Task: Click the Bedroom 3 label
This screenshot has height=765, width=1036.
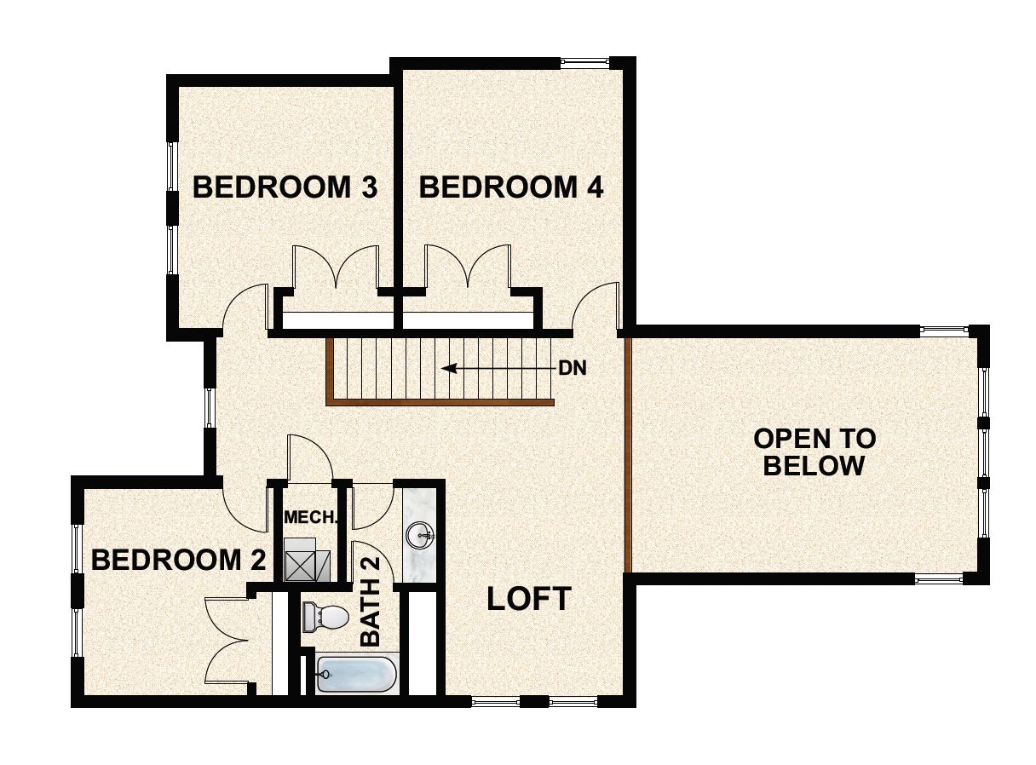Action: coord(285,187)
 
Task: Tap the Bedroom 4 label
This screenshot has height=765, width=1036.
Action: coord(511,187)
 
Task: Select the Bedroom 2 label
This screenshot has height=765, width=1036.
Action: coord(178,560)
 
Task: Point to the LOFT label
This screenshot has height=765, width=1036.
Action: coord(528,599)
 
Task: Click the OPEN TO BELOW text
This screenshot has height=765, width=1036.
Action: coord(814,452)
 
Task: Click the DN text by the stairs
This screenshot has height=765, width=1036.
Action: coord(573,369)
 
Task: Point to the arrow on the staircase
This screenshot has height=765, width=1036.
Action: coord(494,369)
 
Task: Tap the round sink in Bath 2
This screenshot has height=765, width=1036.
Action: coord(420,536)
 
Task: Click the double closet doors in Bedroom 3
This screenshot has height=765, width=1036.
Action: coord(336,268)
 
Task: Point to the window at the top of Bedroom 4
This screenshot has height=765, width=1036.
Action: coord(584,61)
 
